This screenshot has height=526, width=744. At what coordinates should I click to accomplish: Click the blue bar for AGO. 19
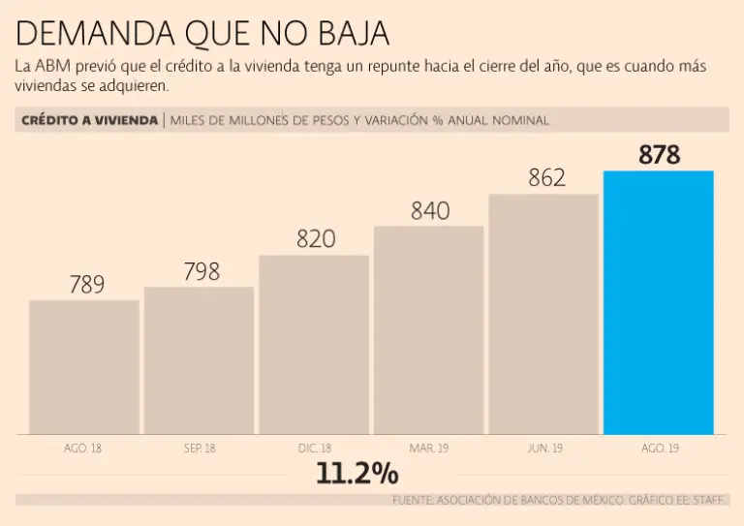[x=658, y=302]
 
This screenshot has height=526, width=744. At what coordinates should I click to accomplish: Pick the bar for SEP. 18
[x=199, y=359]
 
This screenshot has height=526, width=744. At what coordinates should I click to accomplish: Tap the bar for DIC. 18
[x=314, y=344]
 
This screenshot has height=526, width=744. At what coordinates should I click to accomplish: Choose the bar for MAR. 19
[x=428, y=329]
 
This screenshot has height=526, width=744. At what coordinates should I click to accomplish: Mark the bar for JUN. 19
[x=543, y=314]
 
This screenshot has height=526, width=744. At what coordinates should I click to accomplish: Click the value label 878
[x=659, y=155]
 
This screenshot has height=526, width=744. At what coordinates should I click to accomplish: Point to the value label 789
[x=86, y=285]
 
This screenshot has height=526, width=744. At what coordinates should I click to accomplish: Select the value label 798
[x=201, y=272]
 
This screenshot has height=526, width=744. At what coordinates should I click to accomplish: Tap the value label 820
[x=316, y=238]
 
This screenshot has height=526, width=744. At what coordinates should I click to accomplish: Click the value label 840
[x=430, y=210]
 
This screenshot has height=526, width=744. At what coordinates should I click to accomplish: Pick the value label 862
[x=546, y=178]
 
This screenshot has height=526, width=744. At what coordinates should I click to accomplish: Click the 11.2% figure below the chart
[x=356, y=474]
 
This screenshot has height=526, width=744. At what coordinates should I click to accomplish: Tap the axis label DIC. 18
[x=315, y=449]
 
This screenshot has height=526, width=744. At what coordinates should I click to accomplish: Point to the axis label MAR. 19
[x=429, y=449]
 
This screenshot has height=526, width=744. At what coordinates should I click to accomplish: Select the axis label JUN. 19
[x=543, y=449]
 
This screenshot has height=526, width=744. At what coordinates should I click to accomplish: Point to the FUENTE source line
[x=560, y=500]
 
